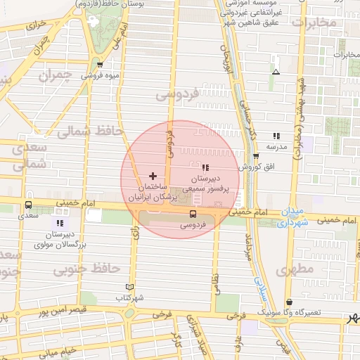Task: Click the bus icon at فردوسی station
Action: coord(193,214)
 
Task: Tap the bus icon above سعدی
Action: coord(27,206)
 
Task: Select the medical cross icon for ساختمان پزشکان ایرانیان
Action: coord(153,175)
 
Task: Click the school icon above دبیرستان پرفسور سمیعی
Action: coord(205,167)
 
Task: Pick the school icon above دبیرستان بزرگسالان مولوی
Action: coord(60,224)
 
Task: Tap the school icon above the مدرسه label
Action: coord(276,136)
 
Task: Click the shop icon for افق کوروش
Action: coord(256,157)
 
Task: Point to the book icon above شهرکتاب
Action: coord(129,287)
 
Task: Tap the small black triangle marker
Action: coord(276,72)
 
